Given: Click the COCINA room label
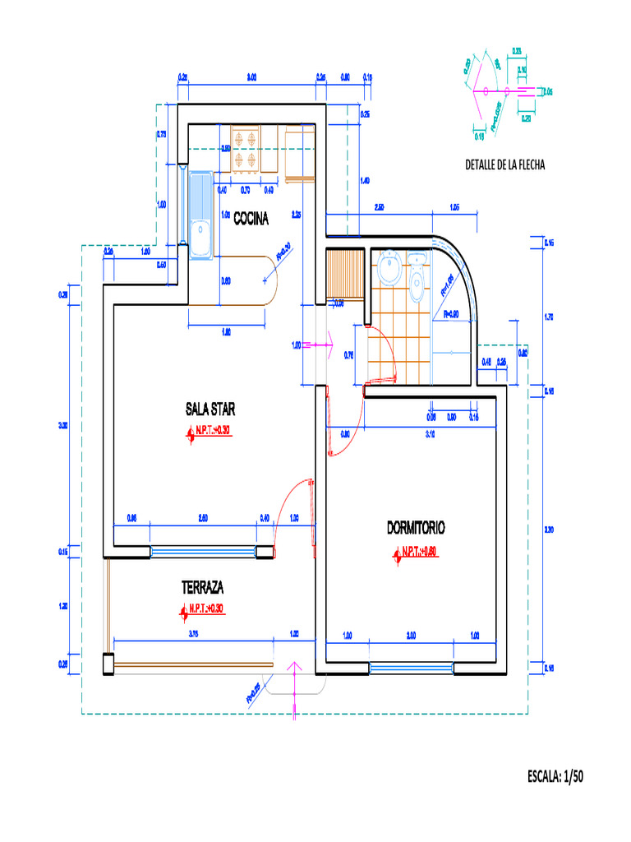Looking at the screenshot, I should click(x=251, y=218).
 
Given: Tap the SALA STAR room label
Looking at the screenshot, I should click(x=210, y=409).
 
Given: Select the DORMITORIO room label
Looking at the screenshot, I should click(x=416, y=527).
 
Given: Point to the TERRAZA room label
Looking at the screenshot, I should click(x=202, y=588).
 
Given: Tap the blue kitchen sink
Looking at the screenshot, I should click(x=200, y=215).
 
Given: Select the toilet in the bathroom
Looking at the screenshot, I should click(x=417, y=275).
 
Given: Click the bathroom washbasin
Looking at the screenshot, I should click(x=390, y=267).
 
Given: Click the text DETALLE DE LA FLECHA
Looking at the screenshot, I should click(x=504, y=164).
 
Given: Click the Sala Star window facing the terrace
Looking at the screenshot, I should click(x=203, y=552).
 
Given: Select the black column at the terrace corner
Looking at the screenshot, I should click(x=108, y=664).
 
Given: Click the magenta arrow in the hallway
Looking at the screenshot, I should click(x=316, y=345).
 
